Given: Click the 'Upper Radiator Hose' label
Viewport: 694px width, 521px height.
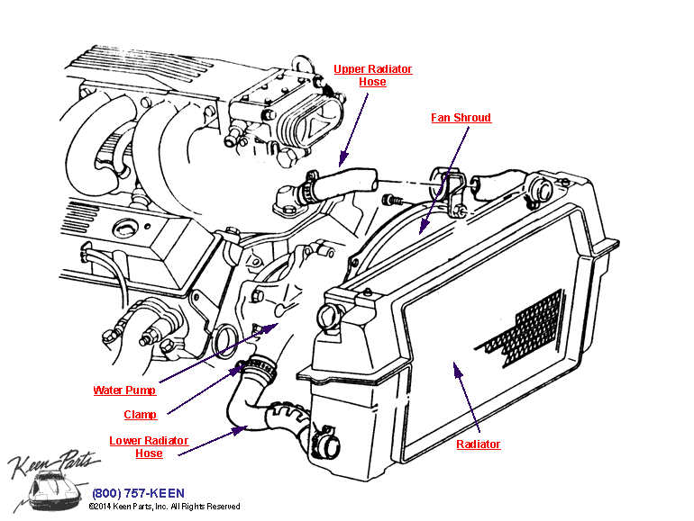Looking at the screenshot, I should click(372, 76).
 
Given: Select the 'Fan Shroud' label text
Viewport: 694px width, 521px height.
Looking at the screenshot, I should click(461, 118).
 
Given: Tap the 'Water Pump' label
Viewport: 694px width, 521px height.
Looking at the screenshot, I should click(124, 391).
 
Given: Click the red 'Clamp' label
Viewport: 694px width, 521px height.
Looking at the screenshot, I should click(140, 415).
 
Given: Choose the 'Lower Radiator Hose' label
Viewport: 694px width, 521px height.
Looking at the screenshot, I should click(149, 447).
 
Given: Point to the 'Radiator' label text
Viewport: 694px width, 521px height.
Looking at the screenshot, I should click(478, 445).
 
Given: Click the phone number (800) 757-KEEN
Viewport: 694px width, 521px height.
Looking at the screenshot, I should click(138, 493).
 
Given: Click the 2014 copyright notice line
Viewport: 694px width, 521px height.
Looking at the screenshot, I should click(164, 508).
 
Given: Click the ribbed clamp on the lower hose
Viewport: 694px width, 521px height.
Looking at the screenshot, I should click(258, 368).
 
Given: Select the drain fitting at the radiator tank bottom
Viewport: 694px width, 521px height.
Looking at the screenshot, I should click(326, 445).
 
